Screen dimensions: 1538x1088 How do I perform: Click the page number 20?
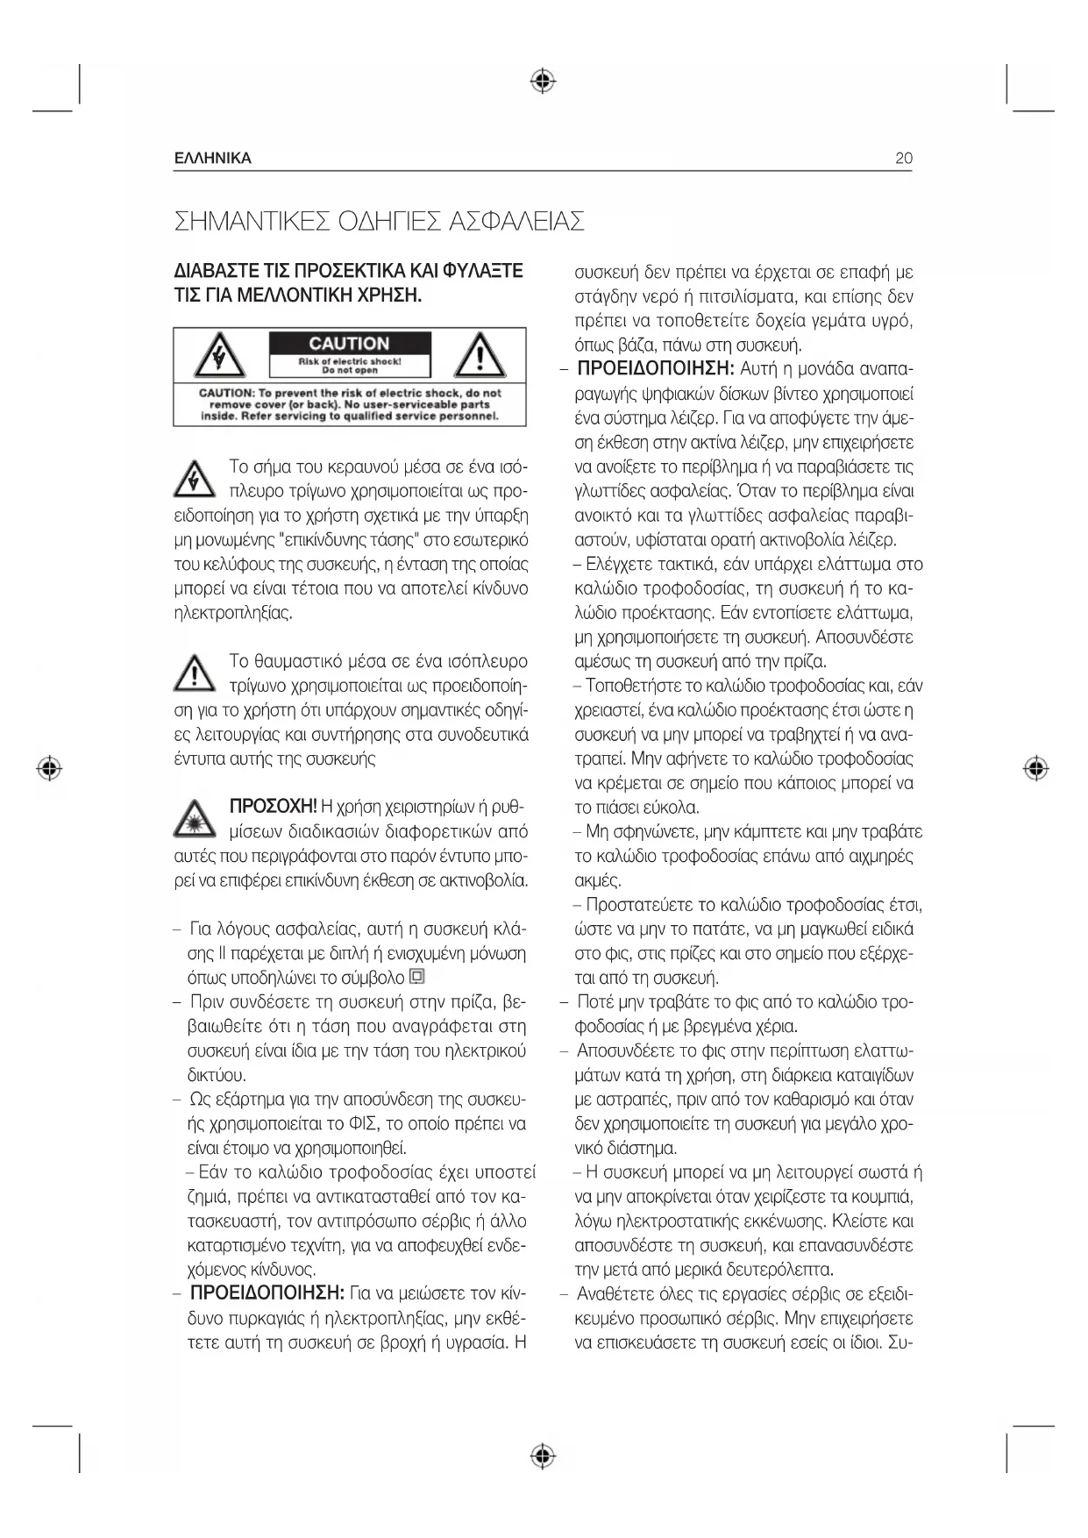click(x=903, y=159)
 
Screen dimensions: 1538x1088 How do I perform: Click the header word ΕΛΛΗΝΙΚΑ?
click(x=213, y=159)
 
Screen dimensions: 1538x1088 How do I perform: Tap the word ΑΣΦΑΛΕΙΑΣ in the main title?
click(x=516, y=221)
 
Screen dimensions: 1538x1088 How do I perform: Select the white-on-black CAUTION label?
click(x=349, y=344)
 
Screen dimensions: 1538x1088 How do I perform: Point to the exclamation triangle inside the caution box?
click(x=479, y=355)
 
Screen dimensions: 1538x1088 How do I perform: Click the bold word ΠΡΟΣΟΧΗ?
click(x=273, y=807)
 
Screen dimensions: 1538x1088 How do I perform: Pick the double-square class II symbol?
click(x=417, y=976)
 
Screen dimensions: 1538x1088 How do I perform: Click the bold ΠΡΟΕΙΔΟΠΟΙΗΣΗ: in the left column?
click(x=267, y=1293)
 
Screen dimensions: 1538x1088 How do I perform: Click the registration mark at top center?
click(x=544, y=82)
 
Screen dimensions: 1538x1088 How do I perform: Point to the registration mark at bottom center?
click(x=544, y=1456)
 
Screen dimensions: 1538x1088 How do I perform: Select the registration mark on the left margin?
click(x=51, y=769)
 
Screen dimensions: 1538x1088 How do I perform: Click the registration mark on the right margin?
click(x=1036, y=769)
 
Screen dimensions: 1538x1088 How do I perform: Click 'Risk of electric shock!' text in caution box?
click(x=349, y=361)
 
